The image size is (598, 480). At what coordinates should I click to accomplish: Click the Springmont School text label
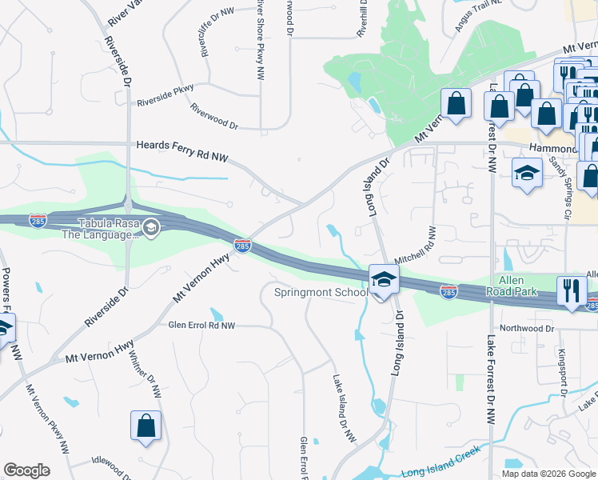point(321,292)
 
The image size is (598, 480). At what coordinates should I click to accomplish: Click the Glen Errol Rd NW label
point(201,326)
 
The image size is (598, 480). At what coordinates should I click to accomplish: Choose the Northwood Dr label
point(527,328)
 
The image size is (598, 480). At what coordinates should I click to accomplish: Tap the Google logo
point(27,470)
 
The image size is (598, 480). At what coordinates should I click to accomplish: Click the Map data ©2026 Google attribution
point(548,474)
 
